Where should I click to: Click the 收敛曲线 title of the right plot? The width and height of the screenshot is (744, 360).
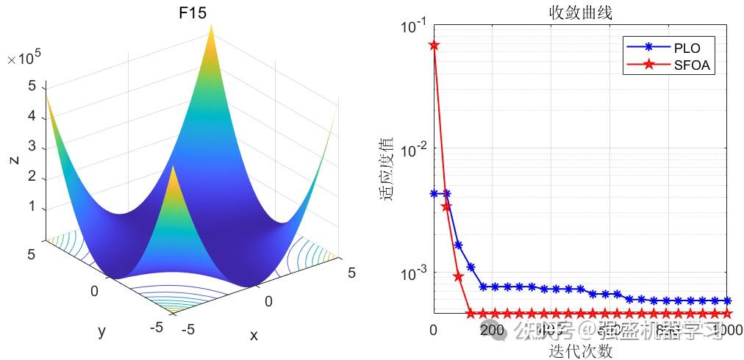pos(580,13)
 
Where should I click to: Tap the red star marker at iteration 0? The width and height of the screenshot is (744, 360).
pos(434,45)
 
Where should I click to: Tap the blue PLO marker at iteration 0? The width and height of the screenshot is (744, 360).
pos(434,193)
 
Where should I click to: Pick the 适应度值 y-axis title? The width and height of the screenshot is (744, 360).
pos(387,169)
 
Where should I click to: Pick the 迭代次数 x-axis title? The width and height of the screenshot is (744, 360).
pos(580,350)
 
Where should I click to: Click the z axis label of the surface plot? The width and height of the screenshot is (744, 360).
pos(14,159)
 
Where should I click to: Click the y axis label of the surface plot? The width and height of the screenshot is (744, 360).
pos(101,331)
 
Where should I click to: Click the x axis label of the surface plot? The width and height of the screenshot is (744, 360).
pos(254,335)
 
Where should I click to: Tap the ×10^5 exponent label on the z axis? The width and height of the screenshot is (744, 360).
pos(24,60)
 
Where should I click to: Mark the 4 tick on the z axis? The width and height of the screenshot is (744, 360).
pos(32,116)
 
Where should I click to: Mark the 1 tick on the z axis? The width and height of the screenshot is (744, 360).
pos(32,207)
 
